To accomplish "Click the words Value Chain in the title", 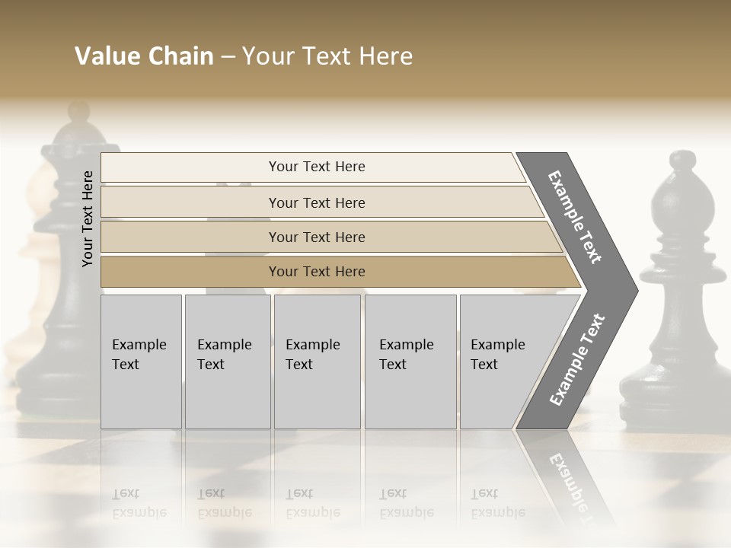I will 144,56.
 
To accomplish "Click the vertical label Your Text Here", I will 88,218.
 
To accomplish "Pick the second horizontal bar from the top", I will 317,202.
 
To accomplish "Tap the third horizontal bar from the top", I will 317,237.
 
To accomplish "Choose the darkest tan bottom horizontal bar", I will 317,272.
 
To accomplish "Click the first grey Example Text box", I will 141,362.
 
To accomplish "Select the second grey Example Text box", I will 228,362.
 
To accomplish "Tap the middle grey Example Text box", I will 317,362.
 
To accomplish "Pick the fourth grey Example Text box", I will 410,362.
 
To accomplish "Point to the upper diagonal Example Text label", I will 575,217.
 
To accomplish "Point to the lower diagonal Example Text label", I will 577,360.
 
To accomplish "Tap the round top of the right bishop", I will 682,161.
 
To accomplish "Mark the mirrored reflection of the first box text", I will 139,502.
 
